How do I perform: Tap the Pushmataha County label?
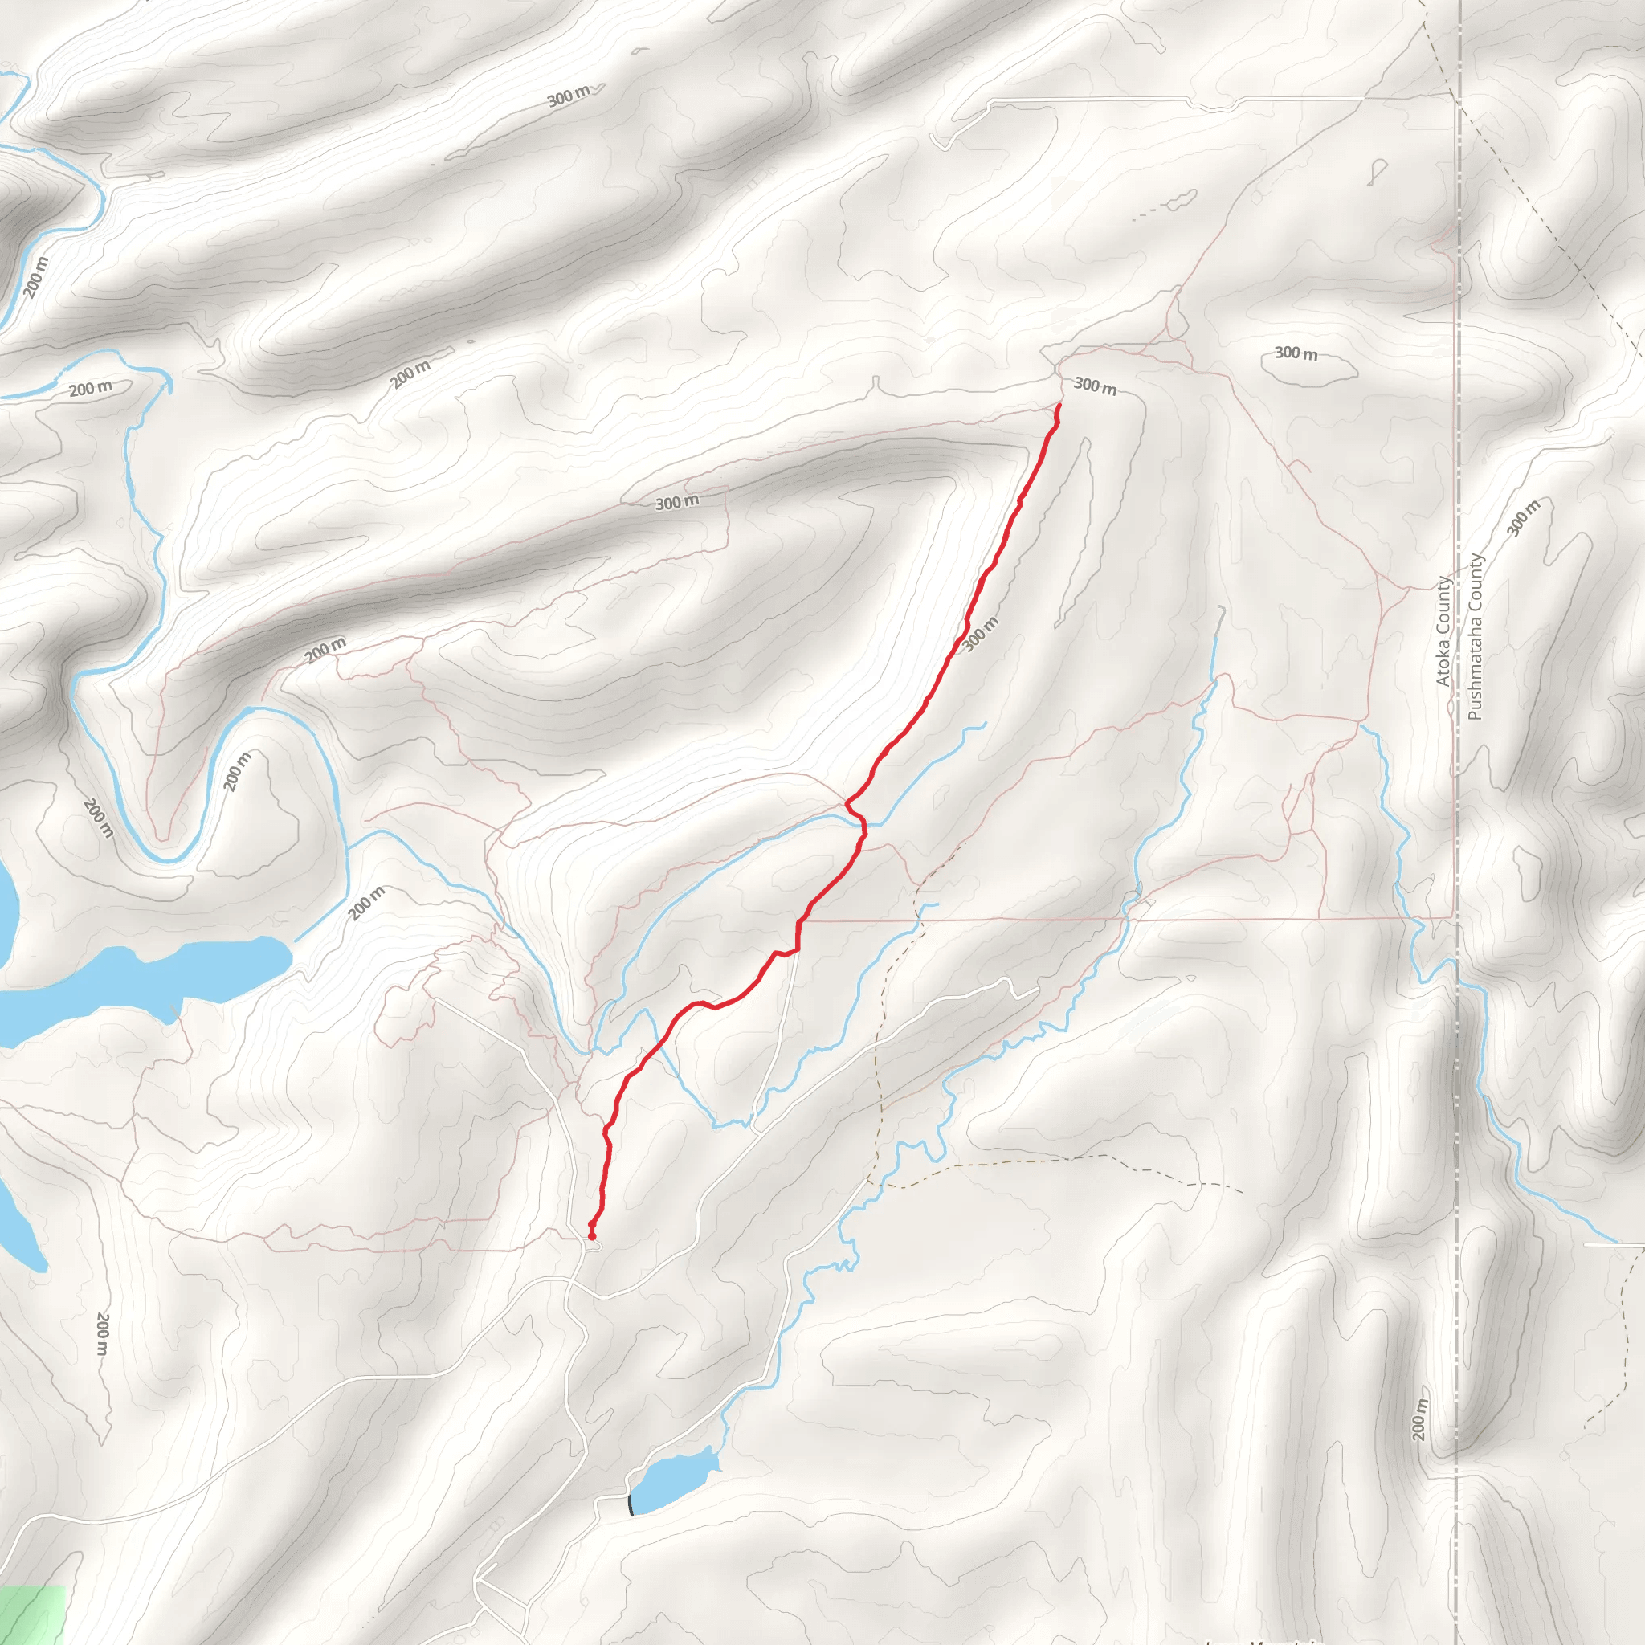pos(1476,637)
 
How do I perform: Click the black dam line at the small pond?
pos(630,1504)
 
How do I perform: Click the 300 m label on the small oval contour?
pos(1296,353)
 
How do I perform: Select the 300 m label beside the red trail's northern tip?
pos(1095,386)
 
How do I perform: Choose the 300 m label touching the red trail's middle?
pos(980,635)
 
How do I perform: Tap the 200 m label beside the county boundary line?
pos(1418,1418)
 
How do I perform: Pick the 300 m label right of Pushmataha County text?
pos(1523,518)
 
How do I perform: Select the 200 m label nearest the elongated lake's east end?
pos(367,904)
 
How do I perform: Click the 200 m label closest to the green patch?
pos(102,1333)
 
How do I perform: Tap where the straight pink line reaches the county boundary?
pos(1455,918)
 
